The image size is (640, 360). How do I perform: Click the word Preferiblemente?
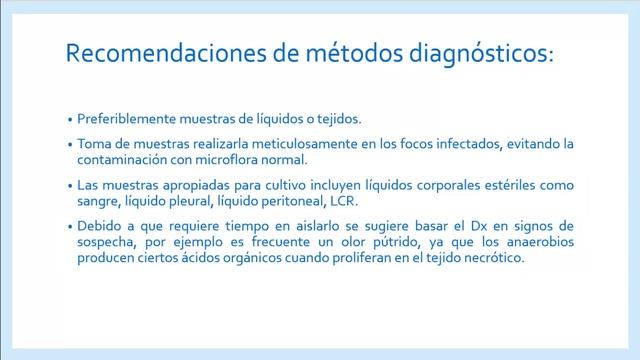point(128,116)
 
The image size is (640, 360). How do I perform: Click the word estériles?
point(516,185)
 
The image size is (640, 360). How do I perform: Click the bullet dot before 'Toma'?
point(70,144)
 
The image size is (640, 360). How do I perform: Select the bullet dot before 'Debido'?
point(70,228)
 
